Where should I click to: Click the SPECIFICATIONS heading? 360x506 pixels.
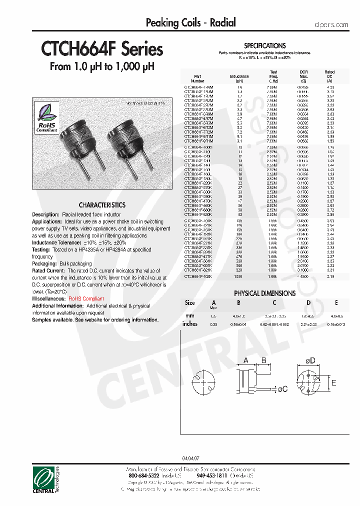(265, 45)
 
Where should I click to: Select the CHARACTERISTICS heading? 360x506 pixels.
(102, 205)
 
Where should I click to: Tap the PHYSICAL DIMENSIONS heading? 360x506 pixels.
(264, 293)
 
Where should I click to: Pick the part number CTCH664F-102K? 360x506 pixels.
(198, 276)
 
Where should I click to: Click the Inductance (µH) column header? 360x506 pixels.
(239, 78)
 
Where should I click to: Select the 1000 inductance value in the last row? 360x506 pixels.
(239, 276)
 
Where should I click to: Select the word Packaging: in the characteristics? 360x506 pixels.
(44, 263)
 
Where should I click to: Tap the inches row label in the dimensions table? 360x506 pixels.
(190, 324)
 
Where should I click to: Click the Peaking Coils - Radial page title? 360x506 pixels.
(190, 22)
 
